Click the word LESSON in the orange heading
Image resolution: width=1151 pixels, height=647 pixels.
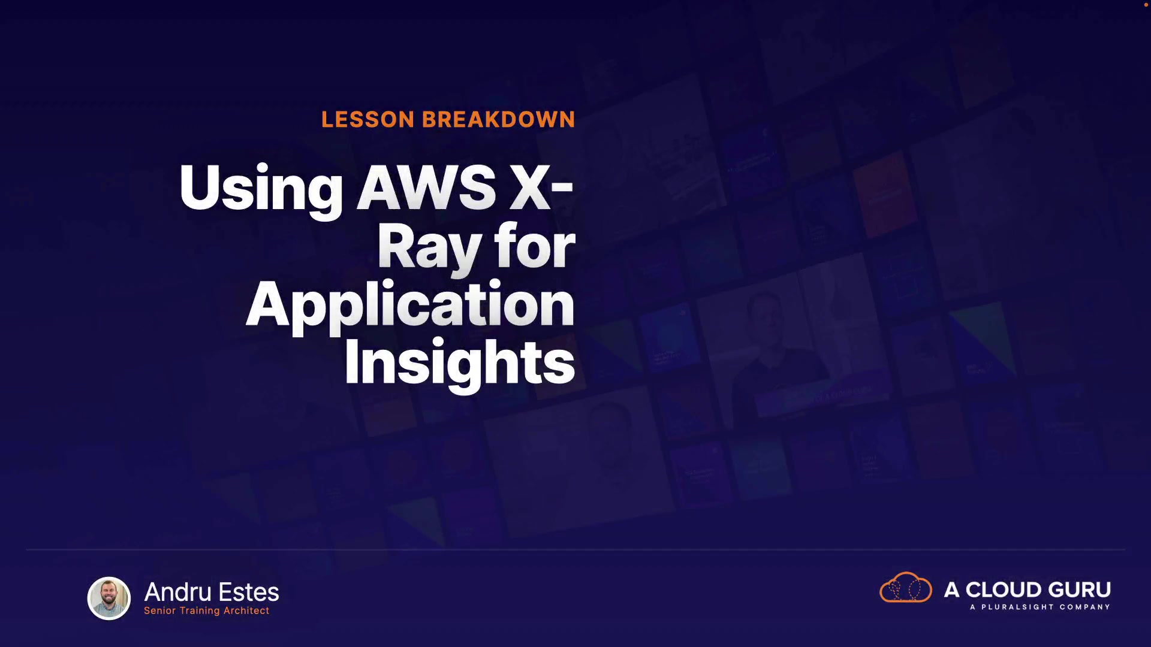click(x=367, y=119)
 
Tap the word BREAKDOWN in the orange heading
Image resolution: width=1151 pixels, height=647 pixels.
click(x=499, y=119)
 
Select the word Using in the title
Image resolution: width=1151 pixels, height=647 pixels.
click(x=261, y=189)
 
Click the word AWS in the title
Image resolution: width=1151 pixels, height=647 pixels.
click(x=426, y=188)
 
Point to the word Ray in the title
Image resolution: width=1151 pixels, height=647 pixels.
click(x=429, y=249)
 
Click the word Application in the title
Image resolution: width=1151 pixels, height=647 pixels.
click(x=411, y=306)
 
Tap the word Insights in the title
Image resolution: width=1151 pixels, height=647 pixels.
click(x=460, y=363)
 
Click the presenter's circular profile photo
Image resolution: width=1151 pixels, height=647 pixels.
click(x=109, y=598)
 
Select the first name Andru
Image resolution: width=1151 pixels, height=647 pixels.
click(x=178, y=592)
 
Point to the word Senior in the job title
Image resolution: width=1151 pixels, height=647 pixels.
click(x=160, y=610)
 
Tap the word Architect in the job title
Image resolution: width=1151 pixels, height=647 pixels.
click(x=246, y=610)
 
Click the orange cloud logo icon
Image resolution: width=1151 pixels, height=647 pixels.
click(x=906, y=587)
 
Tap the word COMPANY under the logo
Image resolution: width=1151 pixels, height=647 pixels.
click(x=1085, y=607)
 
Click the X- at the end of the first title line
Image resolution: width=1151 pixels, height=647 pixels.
click(x=542, y=188)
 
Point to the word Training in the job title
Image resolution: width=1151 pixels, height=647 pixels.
click(x=200, y=610)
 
